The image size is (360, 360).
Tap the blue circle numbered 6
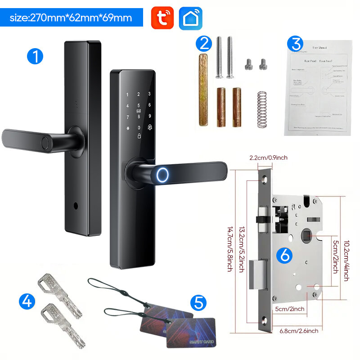[x=286, y=255]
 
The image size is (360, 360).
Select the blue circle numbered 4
[x=27, y=301]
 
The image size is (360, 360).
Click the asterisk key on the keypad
[x=127, y=128]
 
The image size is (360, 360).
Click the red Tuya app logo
[x=162, y=18]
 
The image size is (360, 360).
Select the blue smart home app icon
[x=190, y=18]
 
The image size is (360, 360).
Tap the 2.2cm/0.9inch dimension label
[x=268, y=157]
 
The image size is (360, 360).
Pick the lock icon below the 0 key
[x=139, y=136]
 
